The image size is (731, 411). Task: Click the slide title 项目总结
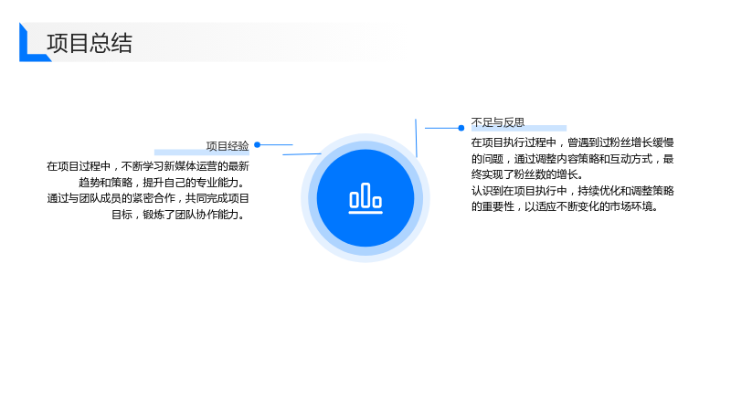90,43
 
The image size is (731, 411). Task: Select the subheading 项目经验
228,146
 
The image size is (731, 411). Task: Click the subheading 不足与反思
498,122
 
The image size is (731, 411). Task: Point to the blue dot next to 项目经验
258,145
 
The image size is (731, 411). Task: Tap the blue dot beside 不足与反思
461,128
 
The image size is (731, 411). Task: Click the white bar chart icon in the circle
365,198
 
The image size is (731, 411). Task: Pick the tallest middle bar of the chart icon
365,195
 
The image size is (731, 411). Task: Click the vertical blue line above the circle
416,138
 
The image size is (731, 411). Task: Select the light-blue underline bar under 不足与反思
519,128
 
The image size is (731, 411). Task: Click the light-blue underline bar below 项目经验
202,152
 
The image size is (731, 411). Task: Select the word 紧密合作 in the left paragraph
154,198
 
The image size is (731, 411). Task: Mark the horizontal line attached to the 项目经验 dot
277,145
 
